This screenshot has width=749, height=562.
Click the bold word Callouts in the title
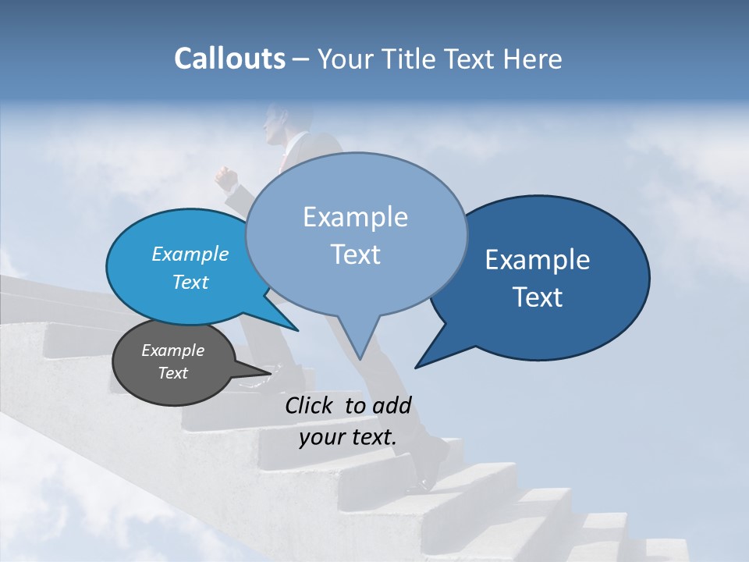229,59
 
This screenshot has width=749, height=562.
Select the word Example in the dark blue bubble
538,260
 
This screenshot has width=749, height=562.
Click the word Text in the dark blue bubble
538,297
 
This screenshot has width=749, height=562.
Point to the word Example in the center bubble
355,217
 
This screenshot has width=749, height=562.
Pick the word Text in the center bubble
355,254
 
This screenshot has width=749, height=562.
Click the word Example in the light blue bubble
190,254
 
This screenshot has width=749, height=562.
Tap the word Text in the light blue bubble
190,282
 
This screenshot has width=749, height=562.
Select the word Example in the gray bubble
172,350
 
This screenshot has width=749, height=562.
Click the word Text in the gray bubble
172,373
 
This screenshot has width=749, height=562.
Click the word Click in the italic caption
311,405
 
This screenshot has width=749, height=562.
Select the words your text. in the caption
348,437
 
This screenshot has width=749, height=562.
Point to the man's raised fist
225,180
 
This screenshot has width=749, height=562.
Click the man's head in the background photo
275,123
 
